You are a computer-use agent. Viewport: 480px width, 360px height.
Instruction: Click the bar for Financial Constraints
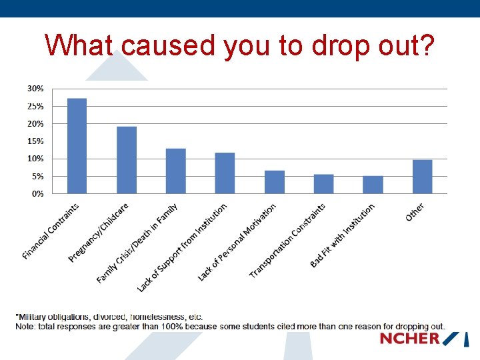77,146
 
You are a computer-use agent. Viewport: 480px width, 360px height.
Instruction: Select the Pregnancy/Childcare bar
127,160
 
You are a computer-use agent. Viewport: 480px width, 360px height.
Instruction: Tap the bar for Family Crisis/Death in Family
175,171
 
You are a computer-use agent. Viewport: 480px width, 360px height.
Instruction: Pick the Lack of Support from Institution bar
225,173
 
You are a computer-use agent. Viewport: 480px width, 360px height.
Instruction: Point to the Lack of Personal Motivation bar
274,182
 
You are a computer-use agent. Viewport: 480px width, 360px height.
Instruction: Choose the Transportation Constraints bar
323,184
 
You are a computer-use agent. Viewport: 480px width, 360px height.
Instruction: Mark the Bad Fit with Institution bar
373,185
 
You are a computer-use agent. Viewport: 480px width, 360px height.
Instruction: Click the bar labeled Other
422,177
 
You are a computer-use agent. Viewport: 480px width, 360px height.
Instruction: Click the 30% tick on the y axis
35,89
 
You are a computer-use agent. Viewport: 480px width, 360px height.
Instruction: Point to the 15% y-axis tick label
35,141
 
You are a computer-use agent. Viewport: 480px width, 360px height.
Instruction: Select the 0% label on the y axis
37,194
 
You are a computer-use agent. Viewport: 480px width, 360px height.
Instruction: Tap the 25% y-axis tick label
35,106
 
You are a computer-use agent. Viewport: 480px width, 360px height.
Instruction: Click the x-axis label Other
415,213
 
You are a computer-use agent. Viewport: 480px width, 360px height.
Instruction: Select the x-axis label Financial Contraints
51,231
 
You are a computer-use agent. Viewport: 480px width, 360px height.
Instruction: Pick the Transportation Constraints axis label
288,241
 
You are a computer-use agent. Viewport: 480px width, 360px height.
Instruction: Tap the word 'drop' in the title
341,45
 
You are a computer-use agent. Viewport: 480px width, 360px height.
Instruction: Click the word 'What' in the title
80,45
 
